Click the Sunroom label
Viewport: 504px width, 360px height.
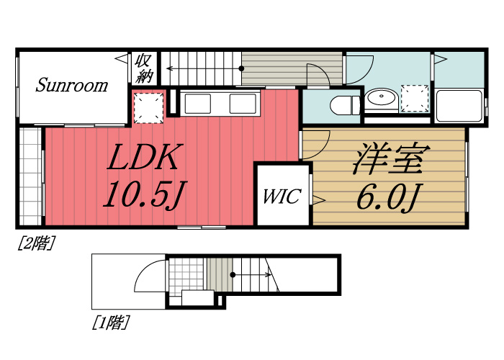[72, 85]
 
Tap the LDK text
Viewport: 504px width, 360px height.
[144, 157]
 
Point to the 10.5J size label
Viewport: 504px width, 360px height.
[144, 194]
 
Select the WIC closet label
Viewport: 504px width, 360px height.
[282, 196]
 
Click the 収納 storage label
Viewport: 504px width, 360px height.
[144, 68]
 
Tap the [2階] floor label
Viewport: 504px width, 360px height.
[35, 243]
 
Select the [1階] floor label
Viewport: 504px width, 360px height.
[111, 323]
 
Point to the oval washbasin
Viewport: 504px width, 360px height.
[381, 96]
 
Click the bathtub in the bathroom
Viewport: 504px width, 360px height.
[459, 106]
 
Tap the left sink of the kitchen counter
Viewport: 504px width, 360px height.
[197, 104]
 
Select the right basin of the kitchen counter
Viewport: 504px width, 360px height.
[243, 104]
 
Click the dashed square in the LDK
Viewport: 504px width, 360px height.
[148, 108]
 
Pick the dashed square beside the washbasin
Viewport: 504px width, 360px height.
[415, 99]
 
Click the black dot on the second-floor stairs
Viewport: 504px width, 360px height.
[241, 68]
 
